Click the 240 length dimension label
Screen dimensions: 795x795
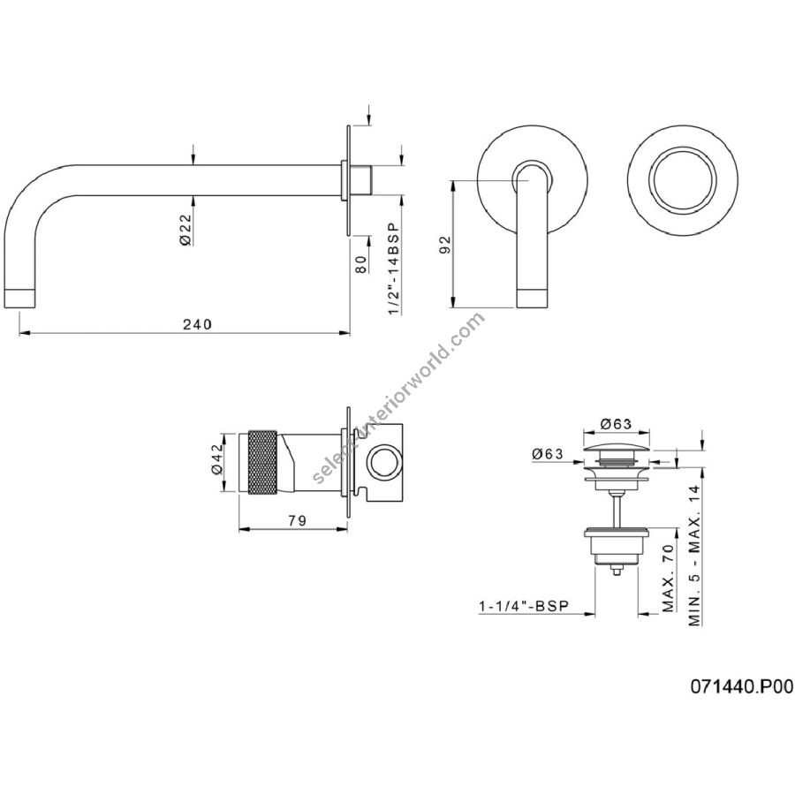coord(197,324)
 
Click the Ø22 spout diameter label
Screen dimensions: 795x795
coord(185,230)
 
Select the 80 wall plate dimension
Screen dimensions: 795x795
coord(361,264)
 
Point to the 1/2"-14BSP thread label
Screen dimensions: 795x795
coord(393,269)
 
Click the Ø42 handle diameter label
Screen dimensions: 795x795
coord(216,459)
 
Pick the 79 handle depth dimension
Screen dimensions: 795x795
coord(297,520)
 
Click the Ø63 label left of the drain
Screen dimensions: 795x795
coord(548,454)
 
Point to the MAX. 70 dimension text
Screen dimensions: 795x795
coord(669,578)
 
